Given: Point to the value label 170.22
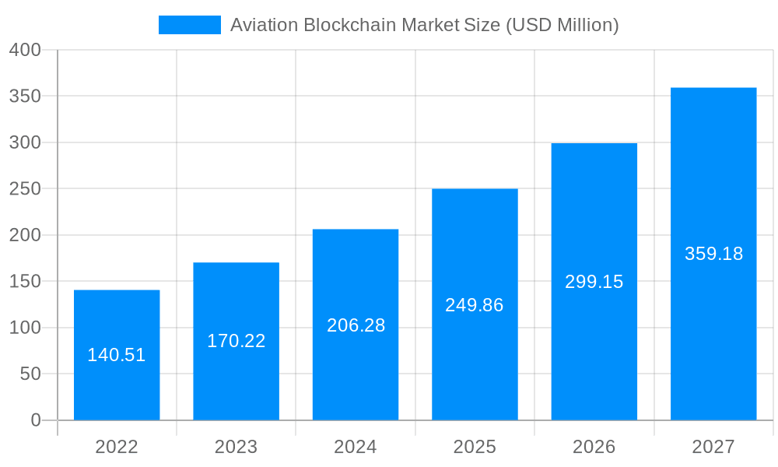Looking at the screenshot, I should pyautogui.click(x=236, y=341).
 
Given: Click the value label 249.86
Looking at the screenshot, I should pyautogui.click(x=475, y=305).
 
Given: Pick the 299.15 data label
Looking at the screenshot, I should pyautogui.click(x=594, y=282).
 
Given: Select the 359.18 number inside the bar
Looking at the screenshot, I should pyautogui.click(x=713, y=254).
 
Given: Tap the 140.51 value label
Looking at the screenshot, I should pyautogui.click(x=117, y=355).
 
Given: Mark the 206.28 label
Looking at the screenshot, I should pyautogui.click(x=356, y=325).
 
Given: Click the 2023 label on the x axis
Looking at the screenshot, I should pyautogui.click(x=236, y=447).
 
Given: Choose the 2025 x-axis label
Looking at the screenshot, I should pyautogui.click(x=475, y=447).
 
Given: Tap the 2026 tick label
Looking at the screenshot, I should pyautogui.click(x=594, y=447).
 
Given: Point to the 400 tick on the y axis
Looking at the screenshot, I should pyautogui.click(x=25, y=50).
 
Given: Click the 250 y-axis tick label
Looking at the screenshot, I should pyautogui.click(x=25, y=188).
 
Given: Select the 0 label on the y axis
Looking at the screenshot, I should pyautogui.click(x=36, y=420).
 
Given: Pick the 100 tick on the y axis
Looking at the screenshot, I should pyautogui.click(x=25, y=328).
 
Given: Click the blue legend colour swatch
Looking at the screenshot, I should pyautogui.click(x=189, y=25).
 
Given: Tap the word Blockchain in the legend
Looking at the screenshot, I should pyautogui.click(x=349, y=25).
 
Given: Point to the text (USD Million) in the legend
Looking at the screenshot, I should pyautogui.click(x=562, y=25).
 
